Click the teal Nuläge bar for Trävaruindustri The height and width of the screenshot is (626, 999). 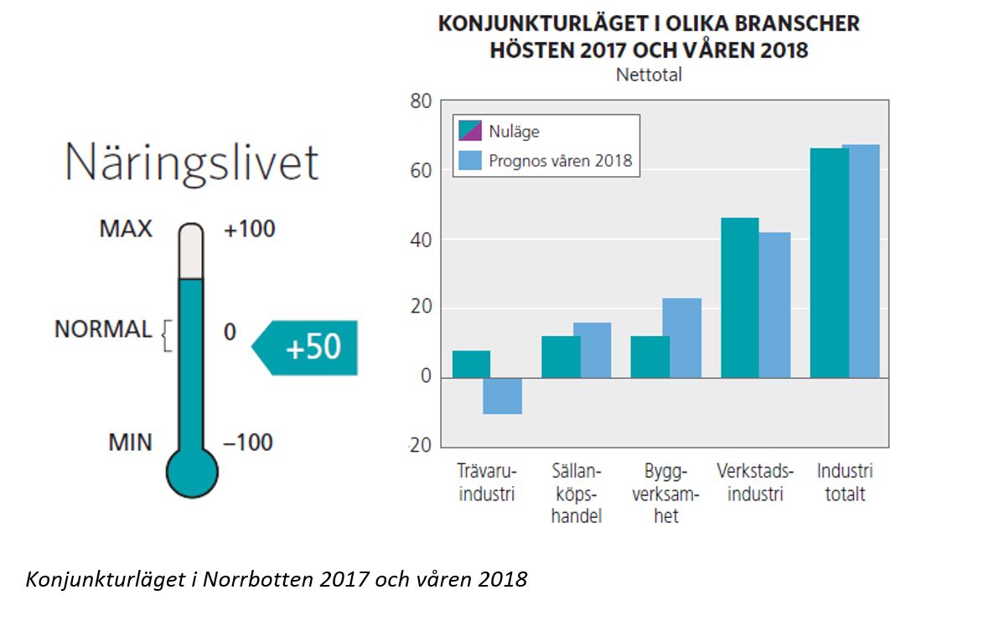[471, 364]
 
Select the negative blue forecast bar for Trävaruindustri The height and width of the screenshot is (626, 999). [503, 396]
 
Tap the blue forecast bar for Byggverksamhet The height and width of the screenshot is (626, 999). [681, 338]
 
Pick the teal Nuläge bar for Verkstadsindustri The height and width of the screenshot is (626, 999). [739, 297]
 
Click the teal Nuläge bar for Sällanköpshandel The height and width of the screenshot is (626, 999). [561, 356]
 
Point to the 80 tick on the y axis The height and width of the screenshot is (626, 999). [421, 102]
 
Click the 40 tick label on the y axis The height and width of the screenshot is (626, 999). [421, 240]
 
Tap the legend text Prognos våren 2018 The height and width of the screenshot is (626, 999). [561, 159]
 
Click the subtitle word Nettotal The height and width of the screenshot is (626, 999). [649, 75]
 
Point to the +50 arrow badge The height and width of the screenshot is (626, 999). [307, 347]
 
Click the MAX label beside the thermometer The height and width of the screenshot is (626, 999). [126, 229]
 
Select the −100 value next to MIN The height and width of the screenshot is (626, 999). [248, 442]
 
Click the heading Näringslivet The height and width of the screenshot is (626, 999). [192, 162]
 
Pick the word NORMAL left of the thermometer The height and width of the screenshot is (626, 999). [103, 329]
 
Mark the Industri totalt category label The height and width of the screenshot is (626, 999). [844, 482]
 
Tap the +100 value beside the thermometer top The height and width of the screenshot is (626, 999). [249, 229]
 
